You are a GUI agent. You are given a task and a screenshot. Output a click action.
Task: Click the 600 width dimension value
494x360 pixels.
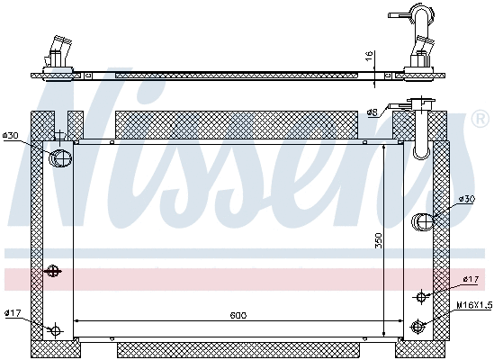tap(238, 315)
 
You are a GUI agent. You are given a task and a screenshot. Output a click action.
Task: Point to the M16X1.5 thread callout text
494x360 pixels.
tap(473, 305)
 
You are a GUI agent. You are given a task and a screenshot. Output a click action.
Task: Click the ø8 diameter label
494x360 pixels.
tap(372, 112)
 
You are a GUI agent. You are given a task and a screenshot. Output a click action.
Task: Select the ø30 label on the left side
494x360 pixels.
tap(11, 136)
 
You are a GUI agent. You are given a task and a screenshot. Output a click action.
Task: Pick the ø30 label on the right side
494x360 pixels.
tap(467, 198)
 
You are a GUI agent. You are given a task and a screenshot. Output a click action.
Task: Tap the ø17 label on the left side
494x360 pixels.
tap(12, 313)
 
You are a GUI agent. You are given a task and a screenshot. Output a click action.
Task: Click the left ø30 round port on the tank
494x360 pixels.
tap(59, 158)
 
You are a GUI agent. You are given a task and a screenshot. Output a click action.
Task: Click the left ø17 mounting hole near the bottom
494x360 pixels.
tap(56, 329)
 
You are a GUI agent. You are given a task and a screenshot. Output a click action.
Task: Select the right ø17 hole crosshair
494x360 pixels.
tap(420, 296)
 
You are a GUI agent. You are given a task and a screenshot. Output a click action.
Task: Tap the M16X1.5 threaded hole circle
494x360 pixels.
tap(417, 327)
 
